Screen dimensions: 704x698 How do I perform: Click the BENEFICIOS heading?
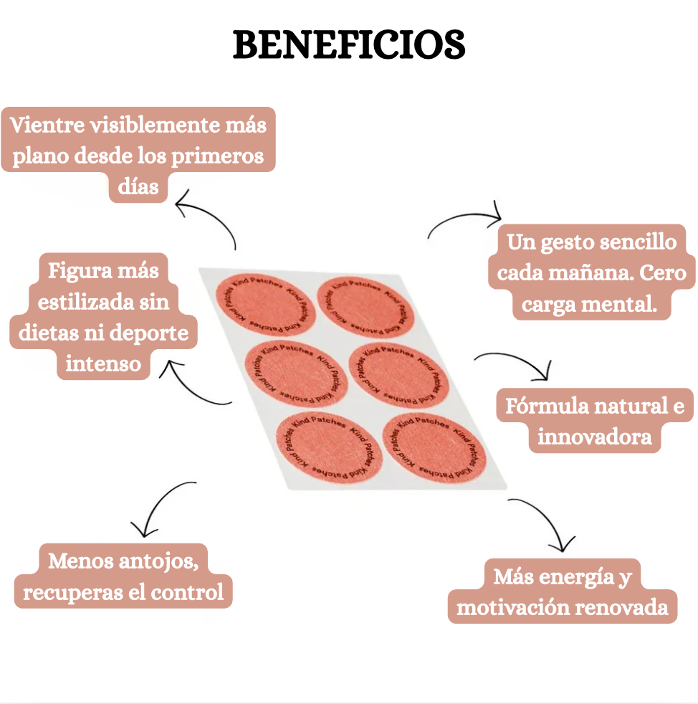(x=349, y=44)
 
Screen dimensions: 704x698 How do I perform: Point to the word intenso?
(x=103, y=363)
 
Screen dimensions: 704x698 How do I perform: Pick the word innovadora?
(x=595, y=437)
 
